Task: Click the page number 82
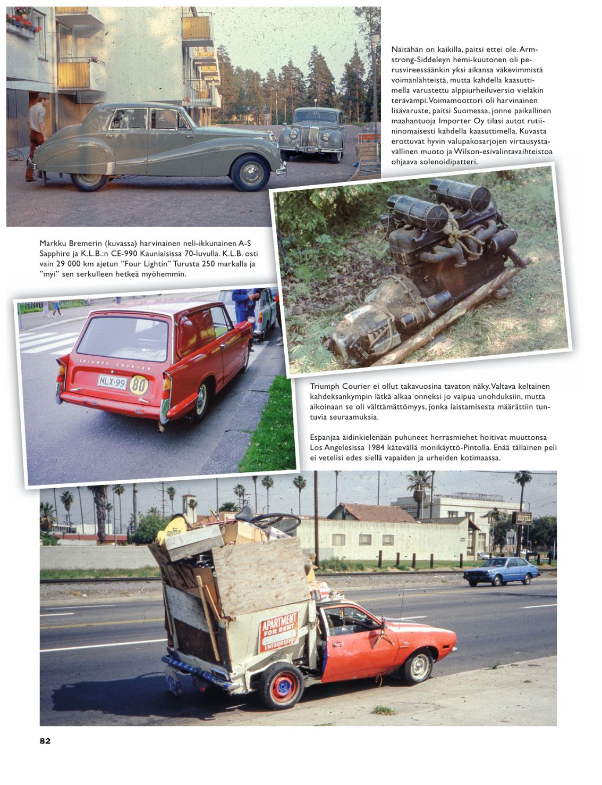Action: coord(45,741)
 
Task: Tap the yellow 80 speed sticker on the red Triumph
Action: coord(139,385)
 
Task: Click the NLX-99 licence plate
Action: coord(112,381)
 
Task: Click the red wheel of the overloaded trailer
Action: coord(281,686)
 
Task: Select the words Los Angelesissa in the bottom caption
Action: coord(336,448)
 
